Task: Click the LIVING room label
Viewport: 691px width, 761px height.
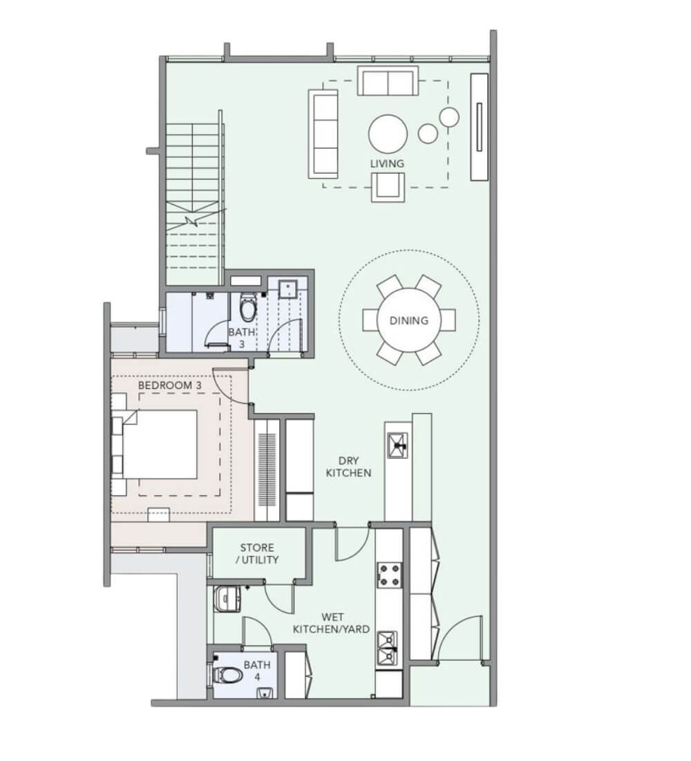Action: coord(387,163)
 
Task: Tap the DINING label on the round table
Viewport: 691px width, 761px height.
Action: coord(409,320)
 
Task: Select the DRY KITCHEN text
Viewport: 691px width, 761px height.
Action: coord(348,466)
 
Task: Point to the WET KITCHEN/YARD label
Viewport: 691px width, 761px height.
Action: coord(331,623)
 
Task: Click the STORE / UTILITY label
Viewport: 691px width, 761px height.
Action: coord(257,553)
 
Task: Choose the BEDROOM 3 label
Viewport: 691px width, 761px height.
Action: coord(170,385)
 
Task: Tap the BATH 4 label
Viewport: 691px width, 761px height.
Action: coord(257,670)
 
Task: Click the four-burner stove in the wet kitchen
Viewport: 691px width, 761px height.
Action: coord(390,575)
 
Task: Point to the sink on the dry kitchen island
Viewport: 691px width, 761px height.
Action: coord(397,445)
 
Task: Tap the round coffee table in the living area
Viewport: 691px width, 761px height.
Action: coord(388,134)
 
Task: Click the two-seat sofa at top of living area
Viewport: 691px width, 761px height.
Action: coord(388,81)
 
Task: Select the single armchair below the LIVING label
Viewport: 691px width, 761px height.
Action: coord(388,187)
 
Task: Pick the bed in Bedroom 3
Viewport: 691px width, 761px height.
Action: coord(155,443)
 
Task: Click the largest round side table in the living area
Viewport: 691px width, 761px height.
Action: coord(449,117)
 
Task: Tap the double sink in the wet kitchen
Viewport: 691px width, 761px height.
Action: coord(388,648)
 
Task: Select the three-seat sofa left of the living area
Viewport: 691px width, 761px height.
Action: coord(323,134)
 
